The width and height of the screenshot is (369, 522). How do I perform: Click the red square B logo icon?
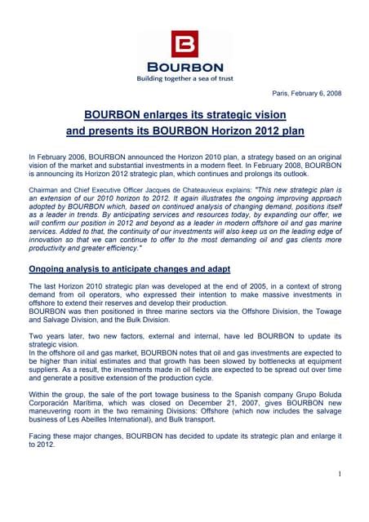point(184,42)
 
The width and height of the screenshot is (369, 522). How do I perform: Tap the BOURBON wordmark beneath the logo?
point(184,66)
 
